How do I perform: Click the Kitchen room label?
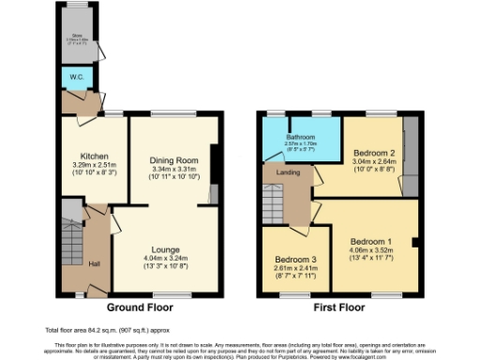coord(95,157)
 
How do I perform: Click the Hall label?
coord(94,263)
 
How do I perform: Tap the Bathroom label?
coord(301,137)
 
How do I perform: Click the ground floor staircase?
coord(72,239)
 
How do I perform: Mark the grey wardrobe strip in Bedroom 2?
coord(409,156)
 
